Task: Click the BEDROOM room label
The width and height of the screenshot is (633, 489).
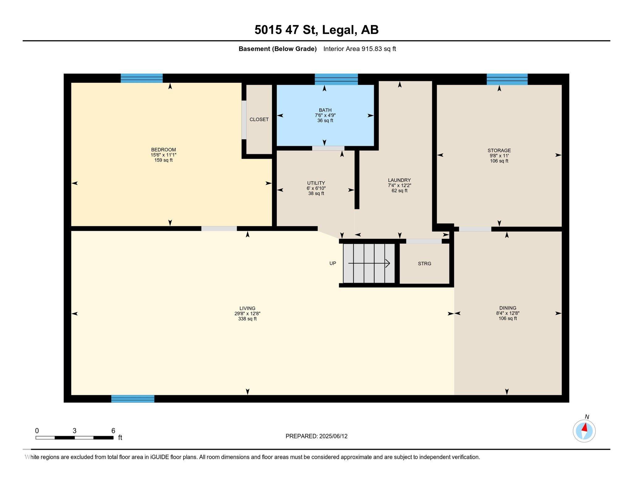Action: coord(164,150)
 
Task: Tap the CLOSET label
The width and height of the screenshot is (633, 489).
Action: coord(259,119)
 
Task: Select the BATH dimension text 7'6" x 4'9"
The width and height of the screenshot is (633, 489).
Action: coord(325,115)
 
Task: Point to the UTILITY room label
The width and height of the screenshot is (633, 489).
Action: coord(316,183)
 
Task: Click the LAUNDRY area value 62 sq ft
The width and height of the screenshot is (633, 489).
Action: coord(399,191)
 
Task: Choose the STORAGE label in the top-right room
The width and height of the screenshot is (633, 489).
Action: coord(499,151)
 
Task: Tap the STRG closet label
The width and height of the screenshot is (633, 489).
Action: coord(424,264)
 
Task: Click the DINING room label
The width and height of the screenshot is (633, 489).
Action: coord(508,308)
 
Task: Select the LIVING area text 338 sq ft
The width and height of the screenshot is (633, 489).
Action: coord(247,319)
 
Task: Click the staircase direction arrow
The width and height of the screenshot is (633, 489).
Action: coord(369,263)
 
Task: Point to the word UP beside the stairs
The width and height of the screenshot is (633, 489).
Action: coord(333,263)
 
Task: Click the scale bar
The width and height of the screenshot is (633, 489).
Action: coord(74,437)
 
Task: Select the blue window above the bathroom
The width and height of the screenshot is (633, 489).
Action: coord(336,79)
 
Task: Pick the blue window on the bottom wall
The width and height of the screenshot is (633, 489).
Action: coord(133,399)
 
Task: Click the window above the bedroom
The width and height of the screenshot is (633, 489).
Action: coord(142,78)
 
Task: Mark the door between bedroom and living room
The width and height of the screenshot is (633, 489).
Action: coord(219,228)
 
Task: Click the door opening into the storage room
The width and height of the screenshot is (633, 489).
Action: coord(475,229)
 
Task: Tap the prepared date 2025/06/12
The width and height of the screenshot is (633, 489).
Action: coord(333,436)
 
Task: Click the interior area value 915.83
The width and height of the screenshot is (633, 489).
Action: coord(372,49)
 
